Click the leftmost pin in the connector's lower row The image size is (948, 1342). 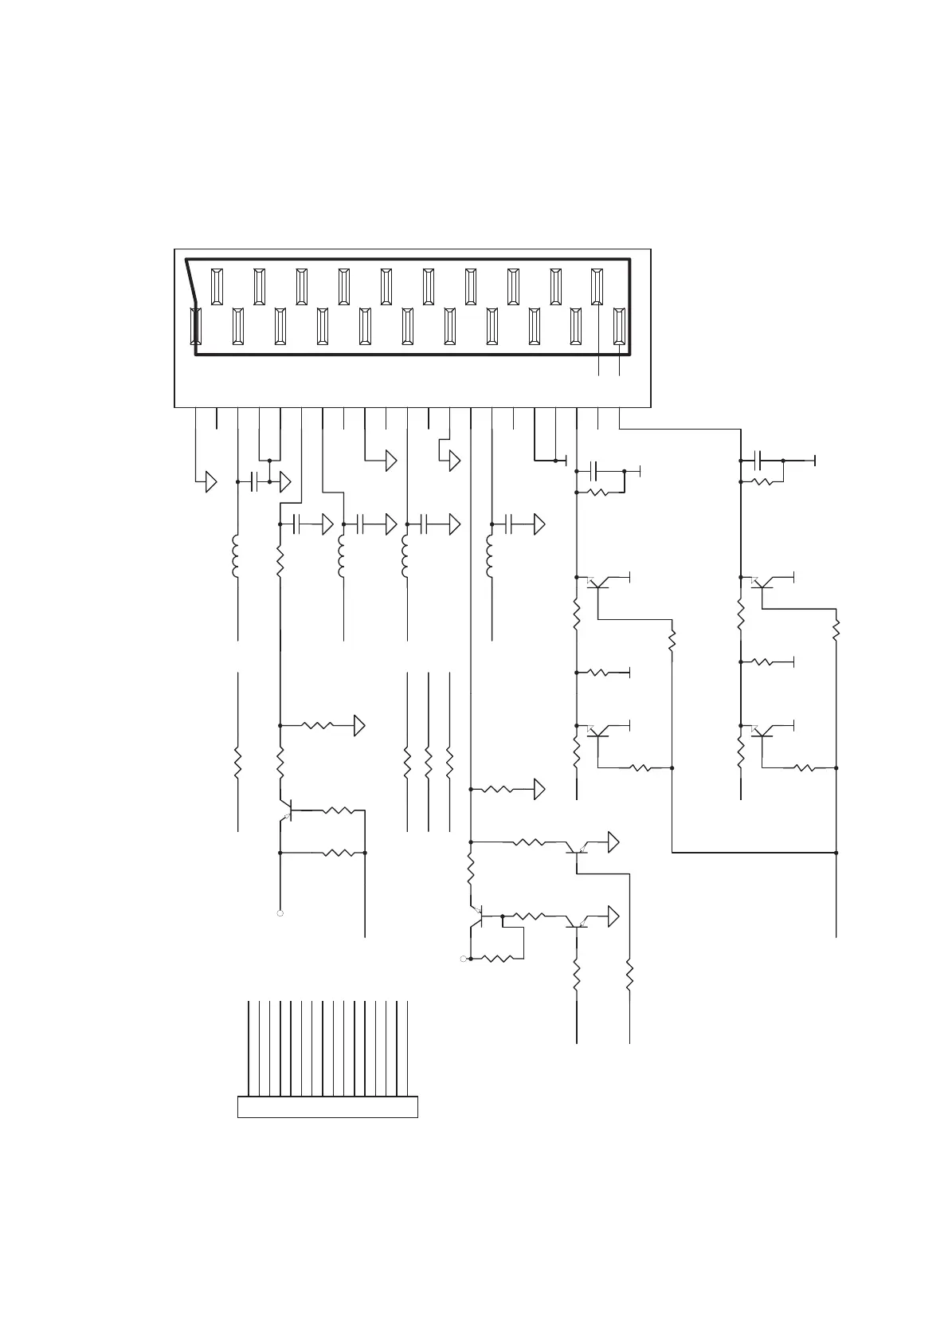[196, 326]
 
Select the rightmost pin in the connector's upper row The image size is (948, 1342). [597, 287]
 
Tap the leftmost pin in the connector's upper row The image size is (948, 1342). [217, 287]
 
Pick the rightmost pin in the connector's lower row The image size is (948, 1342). [619, 326]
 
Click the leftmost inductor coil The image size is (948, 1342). [237, 556]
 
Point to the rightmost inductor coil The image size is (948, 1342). [491, 556]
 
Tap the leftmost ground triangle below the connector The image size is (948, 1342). [211, 482]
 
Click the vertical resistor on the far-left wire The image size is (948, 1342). [237, 763]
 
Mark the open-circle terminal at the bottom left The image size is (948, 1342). [280, 913]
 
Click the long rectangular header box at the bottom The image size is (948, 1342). [327, 1107]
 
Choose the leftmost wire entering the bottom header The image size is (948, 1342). [249, 1048]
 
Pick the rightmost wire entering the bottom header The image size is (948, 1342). [407, 1048]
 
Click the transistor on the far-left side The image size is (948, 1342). [288, 810]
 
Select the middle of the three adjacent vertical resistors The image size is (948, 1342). [429, 763]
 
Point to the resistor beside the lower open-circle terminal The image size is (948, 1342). [497, 959]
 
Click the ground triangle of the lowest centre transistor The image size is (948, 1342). [613, 916]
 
